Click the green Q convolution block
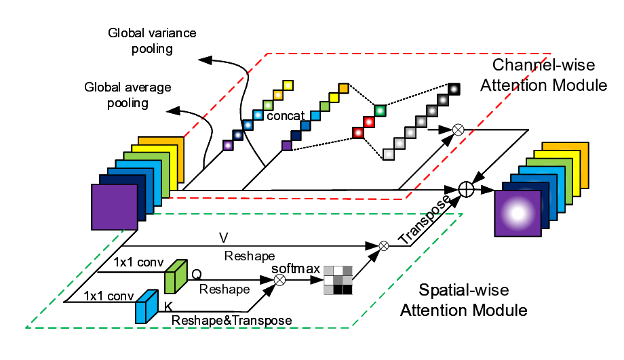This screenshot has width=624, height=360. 175,276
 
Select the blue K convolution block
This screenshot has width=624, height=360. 146,307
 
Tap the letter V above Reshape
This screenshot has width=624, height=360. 222,238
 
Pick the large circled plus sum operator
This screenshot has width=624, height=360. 465,190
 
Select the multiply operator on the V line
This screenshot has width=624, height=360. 383,245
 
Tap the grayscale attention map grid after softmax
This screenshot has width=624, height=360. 338,279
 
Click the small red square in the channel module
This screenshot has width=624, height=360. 368,123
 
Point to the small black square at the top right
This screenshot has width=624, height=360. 453,87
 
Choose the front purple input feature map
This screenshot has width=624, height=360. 115,207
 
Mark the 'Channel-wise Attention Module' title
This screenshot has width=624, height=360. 549,75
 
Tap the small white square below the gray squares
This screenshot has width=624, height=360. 388,155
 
